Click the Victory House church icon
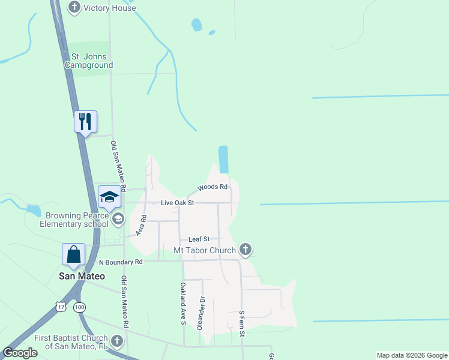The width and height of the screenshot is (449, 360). click(x=74, y=8)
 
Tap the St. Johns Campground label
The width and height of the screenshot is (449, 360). click(x=89, y=61)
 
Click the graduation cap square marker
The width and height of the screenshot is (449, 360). click(x=109, y=197)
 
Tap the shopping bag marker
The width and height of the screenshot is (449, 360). click(x=73, y=254)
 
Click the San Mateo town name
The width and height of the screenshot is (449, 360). click(x=82, y=276)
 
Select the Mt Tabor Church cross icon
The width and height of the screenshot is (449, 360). click(x=245, y=249)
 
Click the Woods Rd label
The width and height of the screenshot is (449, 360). click(x=212, y=187)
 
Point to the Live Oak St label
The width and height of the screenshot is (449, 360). click(x=178, y=203)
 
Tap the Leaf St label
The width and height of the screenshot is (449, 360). click(x=199, y=239)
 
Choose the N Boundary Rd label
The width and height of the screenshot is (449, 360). click(x=121, y=262)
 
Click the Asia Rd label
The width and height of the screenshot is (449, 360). click(x=142, y=225)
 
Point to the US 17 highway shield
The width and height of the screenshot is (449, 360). click(x=61, y=307)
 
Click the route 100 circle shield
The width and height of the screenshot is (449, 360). click(x=79, y=307)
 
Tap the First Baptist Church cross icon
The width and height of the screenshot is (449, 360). click(x=117, y=342)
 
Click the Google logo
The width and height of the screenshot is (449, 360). click(x=20, y=353)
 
